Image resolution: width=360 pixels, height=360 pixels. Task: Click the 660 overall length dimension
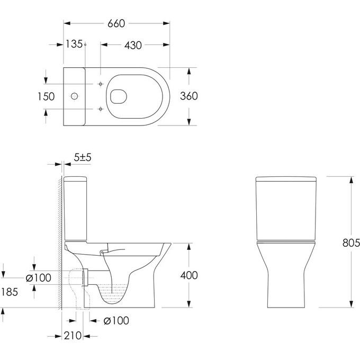point(116,24)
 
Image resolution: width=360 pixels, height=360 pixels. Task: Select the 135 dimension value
point(74,45)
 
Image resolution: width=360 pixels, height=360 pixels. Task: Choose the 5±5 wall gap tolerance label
point(83,157)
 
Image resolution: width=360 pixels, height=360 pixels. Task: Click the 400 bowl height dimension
point(188,275)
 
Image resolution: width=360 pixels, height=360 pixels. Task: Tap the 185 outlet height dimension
point(10,292)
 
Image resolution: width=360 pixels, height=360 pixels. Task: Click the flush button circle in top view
point(76,96)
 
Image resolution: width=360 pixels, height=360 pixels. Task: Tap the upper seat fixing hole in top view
point(100,84)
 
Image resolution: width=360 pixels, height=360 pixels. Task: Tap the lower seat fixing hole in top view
point(100,109)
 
